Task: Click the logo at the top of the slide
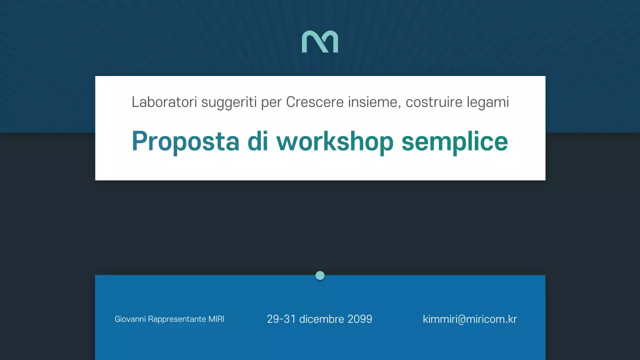[x=320, y=41]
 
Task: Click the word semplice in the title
[x=454, y=142]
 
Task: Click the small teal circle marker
[x=320, y=275]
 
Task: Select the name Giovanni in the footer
[x=130, y=319]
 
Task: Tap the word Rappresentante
[x=177, y=319]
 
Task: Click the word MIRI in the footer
[x=216, y=319]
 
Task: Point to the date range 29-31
[x=281, y=319]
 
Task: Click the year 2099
[x=360, y=319]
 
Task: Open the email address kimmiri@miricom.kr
[x=469, y=319]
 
